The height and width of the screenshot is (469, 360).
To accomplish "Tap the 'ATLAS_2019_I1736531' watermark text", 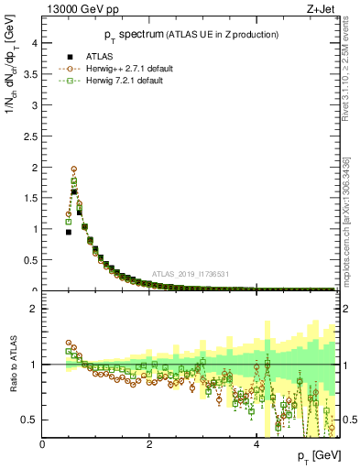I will (x=191, y=274).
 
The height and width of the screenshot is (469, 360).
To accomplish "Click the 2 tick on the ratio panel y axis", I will (x=35, y=309).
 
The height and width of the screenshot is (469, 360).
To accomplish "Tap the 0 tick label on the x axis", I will (x=43, y=444).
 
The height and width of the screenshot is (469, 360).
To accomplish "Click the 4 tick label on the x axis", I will (x=256, y=444).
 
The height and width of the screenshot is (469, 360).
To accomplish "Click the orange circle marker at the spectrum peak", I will (x=74, y=169).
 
